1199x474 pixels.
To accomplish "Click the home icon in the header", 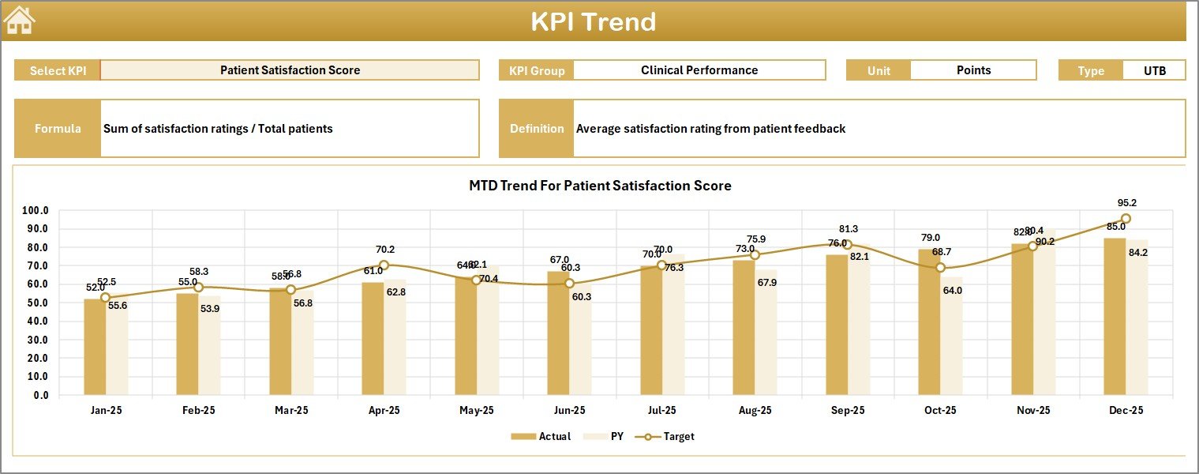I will (20, 21).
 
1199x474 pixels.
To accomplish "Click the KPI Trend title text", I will (593, 21).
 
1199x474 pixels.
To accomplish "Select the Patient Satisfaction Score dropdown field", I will (290, 70).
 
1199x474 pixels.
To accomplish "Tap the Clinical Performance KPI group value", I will (699, 70).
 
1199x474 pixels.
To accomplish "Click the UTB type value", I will (1154, 70).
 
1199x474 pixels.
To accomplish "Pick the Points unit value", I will (972, 70).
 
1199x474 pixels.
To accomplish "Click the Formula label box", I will (58, 129).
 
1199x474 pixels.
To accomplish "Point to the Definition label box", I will (537, 129).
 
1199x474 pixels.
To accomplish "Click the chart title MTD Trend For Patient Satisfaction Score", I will (600, 186).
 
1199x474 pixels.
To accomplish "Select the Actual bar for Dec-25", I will (1115, 316).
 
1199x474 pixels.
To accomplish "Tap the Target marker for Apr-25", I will (384, 265).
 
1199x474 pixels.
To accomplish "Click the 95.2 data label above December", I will (1127, 203).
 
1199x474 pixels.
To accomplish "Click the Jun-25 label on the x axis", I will (569, 411).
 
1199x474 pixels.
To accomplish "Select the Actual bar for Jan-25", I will (95, 348).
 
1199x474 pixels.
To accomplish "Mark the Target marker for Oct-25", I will (940, 268).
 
